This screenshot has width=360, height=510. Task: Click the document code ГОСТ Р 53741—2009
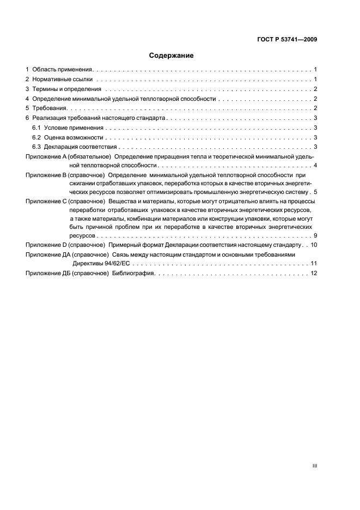coord(288,40)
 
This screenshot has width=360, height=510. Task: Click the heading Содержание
coord(171,56)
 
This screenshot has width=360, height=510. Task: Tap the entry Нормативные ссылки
coord(61,80)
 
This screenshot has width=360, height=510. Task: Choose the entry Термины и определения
coord(66,89)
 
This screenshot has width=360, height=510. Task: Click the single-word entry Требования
coord(49,108)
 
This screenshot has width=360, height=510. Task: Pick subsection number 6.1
coord(36,127)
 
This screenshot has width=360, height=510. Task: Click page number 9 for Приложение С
coord(315,235)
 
